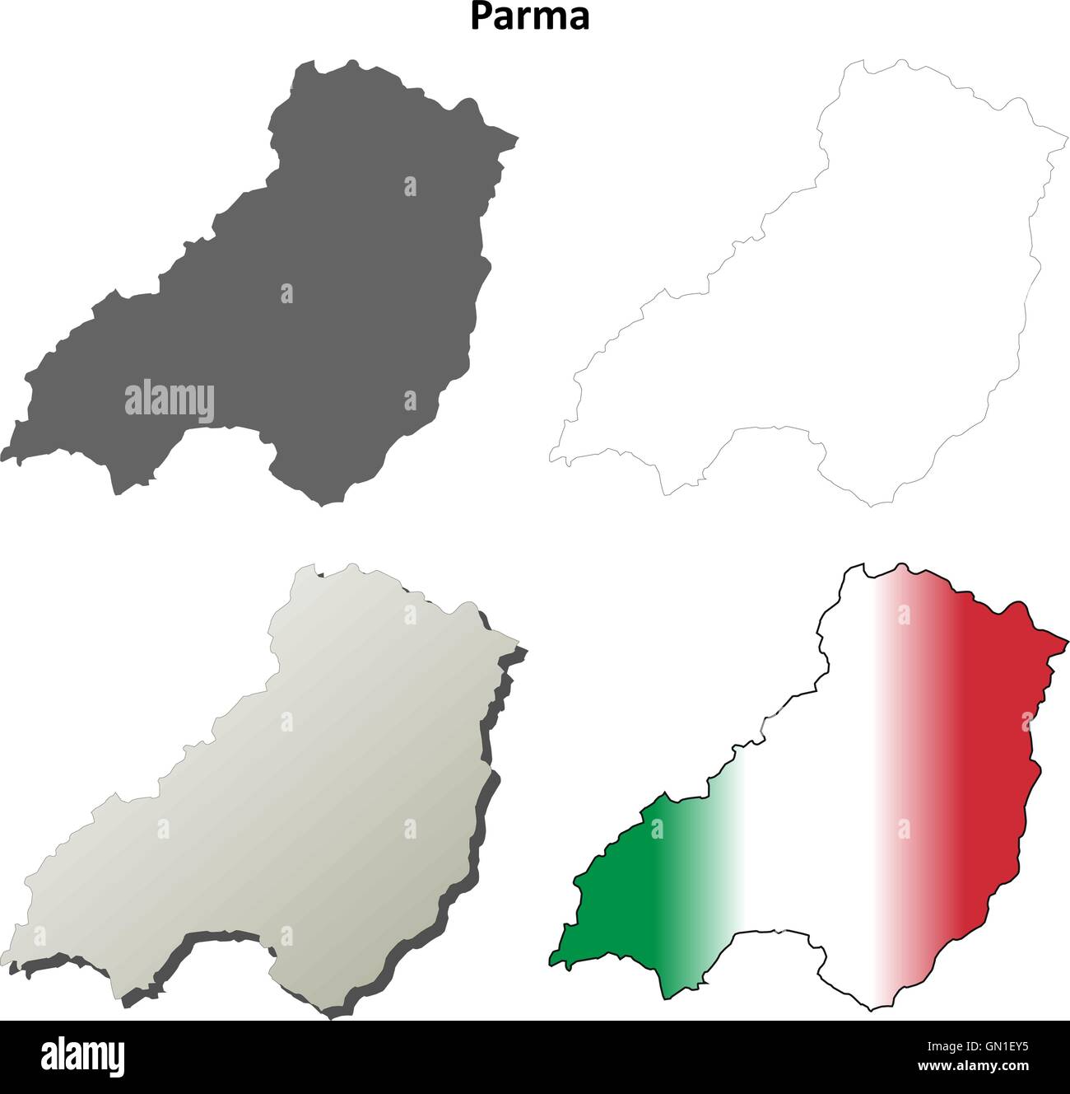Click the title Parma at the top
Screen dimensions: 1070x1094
coord(530,16)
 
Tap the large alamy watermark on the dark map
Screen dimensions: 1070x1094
coord(170,402)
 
